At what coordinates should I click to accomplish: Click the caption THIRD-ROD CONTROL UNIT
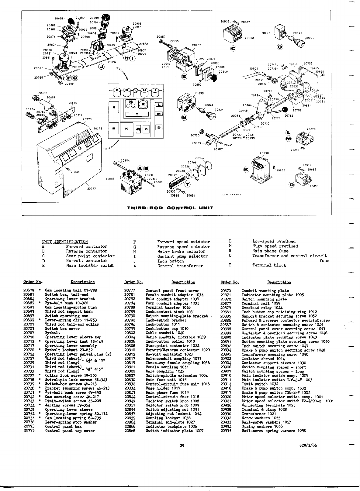(x=170, y=208)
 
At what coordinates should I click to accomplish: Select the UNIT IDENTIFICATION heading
(x=65, y=242)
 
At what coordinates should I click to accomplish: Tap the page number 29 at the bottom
(x=182, y=446)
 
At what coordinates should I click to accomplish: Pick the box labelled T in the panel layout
(x=137, y=114)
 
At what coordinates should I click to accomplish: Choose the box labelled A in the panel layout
(x=114, y=108)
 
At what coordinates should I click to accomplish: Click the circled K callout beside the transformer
(x=246, y=169)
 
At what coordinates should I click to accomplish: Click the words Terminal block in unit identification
(x=269, y=265)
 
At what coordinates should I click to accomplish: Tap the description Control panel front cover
(x=172, y=291)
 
